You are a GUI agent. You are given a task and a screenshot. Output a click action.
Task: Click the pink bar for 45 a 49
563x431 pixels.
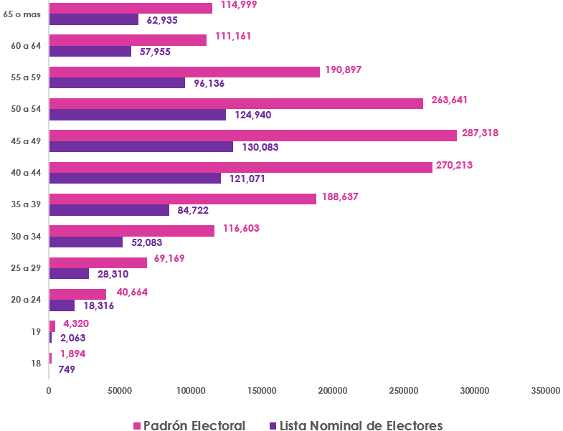(252, 135)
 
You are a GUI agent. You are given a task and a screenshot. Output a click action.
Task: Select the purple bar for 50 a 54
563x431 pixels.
(137, 115)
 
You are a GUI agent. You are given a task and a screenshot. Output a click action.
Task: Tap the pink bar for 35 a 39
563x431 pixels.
(182, 199)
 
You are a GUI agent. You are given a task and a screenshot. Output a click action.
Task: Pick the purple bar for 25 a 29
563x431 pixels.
(69, 274)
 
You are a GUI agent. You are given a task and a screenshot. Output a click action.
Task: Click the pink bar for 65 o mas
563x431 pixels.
(131, 8)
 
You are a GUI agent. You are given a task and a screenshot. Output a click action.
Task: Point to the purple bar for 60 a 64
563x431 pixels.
(90, 52)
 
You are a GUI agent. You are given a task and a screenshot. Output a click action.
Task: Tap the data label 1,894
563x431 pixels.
(75, 354)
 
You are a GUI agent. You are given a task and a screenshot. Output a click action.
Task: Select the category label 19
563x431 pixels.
(35, 332)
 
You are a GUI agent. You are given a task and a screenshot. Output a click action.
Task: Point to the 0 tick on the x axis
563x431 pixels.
(49, 391)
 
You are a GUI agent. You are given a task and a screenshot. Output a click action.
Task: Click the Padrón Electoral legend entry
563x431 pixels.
(189, 425)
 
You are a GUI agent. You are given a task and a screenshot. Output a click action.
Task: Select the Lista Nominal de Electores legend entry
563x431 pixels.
(354, 425)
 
